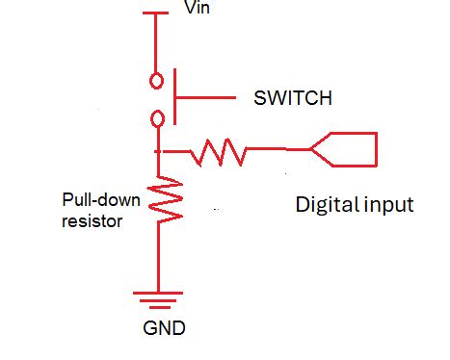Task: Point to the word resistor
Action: pos(90,219)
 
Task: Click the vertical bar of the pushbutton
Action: pos(173,98)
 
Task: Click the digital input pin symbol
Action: pos(347,149)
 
